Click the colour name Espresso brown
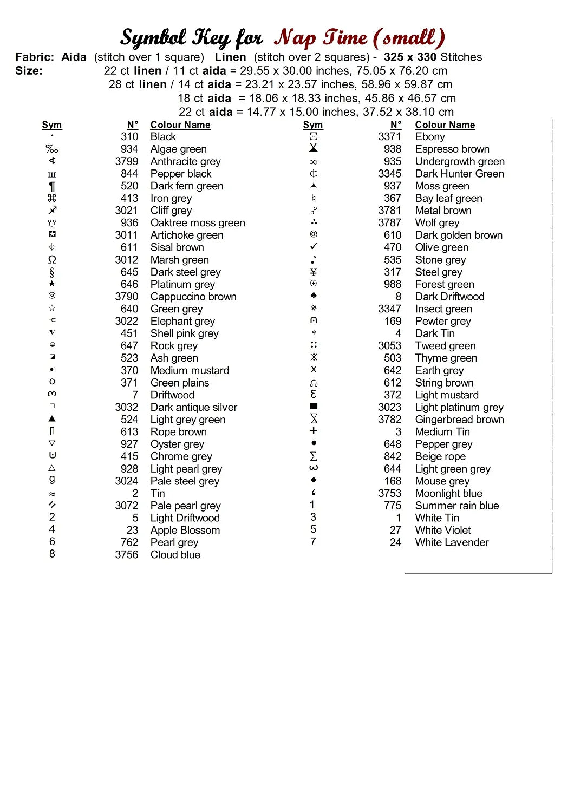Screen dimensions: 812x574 452,149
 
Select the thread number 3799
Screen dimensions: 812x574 126,161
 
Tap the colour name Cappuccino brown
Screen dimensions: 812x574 193,297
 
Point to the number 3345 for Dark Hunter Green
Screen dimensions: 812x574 390,174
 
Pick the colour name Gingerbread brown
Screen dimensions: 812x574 459,420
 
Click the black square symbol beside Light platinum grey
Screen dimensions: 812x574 314,406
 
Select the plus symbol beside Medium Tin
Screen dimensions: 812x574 314,431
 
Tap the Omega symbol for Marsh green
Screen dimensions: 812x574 52,260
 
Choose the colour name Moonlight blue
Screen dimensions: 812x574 448,493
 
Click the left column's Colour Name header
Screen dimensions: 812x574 180,125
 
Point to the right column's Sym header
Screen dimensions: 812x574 313,125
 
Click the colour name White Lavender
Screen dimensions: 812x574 452,542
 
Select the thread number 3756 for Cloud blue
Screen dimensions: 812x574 126,555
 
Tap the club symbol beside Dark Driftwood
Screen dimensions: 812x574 314,296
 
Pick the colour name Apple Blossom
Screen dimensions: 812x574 185,530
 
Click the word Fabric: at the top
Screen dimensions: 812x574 35,57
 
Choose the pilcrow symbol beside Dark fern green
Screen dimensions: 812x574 52,186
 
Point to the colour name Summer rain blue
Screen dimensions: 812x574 456,506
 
